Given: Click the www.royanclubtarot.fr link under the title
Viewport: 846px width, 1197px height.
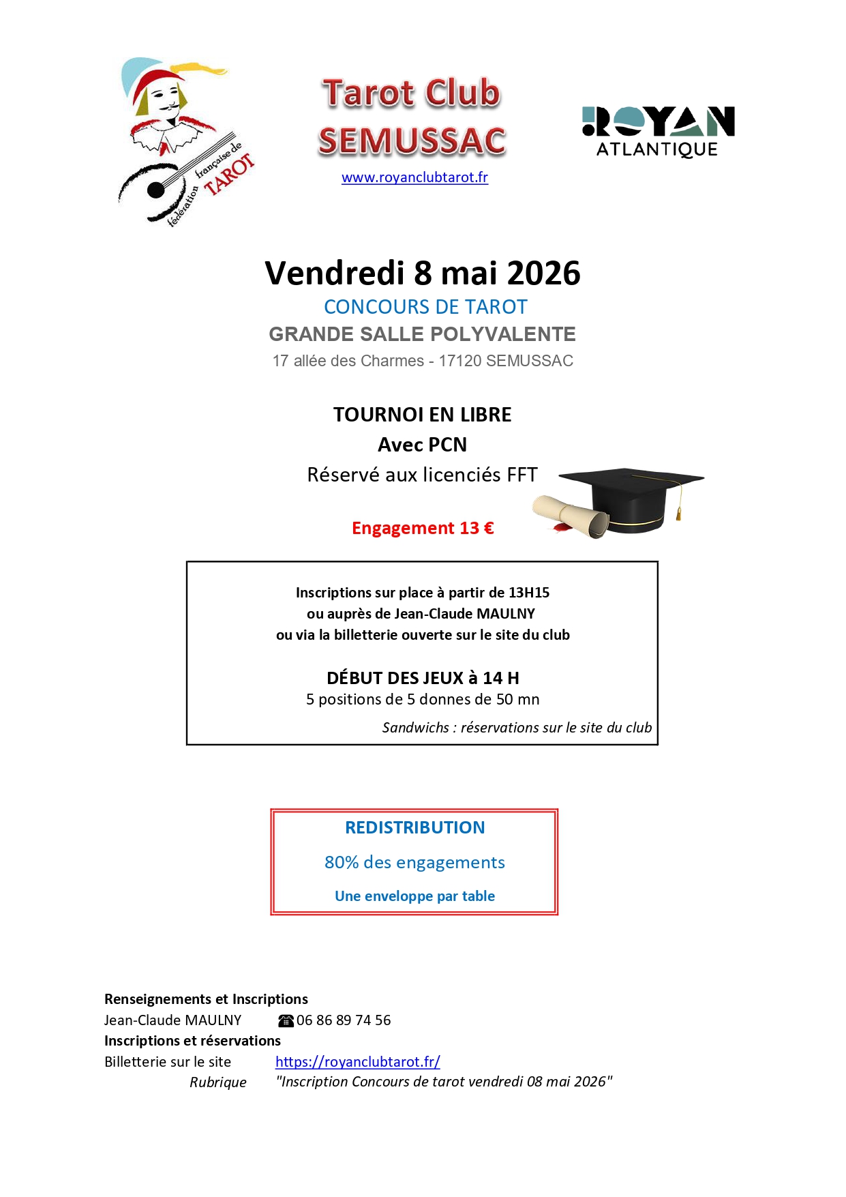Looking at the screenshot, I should coord(414,178).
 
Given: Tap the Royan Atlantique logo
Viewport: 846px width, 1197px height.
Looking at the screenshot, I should coord(658,132).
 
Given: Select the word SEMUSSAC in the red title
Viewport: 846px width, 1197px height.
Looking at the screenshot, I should coord(412,141).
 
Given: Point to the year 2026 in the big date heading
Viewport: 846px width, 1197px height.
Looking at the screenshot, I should coord(543,274).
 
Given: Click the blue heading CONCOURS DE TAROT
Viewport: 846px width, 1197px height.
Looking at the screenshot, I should coord(425,308).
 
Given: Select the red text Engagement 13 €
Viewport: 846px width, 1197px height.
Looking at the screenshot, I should coord(423,529).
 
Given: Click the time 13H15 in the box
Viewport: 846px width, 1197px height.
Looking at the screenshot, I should coord(528,593).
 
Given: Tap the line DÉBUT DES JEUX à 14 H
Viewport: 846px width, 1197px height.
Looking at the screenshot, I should coord(423,679).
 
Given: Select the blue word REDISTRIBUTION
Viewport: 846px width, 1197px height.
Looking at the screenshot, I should coord(414,828).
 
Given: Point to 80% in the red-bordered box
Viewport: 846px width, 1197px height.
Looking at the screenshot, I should coord(342,863).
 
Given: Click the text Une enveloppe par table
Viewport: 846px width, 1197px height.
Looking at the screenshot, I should coord(414,896).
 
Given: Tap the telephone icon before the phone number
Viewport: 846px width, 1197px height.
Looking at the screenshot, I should coord(286,1021).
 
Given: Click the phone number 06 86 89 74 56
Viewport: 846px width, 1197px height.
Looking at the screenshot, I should coord(344,1020).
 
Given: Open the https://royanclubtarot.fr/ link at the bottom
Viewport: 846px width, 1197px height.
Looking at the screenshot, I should coord(358,1062).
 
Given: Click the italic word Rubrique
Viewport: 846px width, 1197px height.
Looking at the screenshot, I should coord(218,1082).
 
